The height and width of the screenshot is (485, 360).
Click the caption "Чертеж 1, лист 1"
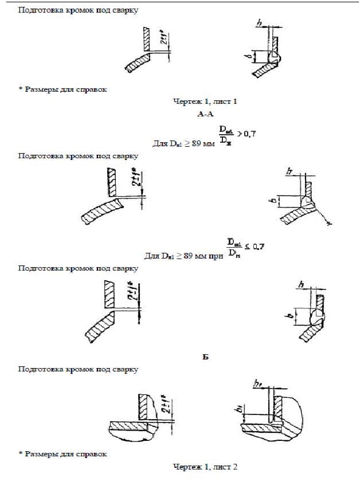(205, 101)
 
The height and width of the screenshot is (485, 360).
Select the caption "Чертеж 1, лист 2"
(205, 467)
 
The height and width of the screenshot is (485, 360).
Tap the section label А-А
(205, 115)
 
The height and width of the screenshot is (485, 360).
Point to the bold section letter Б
(205, 357)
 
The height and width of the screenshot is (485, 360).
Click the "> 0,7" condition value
(246, 134)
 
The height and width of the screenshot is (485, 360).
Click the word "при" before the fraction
(215, 256)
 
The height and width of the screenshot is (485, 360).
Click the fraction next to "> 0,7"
(225, 135)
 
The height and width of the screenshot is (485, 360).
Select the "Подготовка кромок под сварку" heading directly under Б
(78, 370)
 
